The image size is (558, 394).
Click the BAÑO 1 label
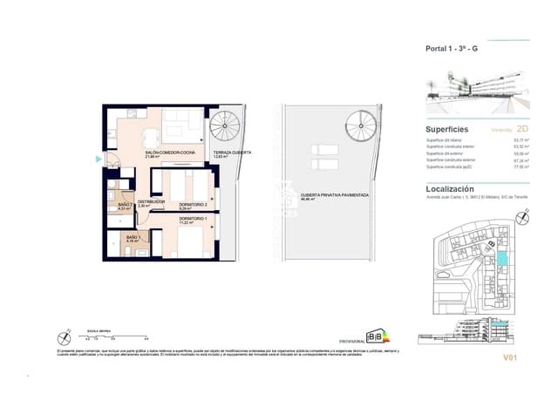pos(132,238)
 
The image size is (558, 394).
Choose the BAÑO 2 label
pos(124,206)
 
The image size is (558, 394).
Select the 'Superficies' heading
pos(447,128)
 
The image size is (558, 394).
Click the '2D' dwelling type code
pos(523,128)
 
